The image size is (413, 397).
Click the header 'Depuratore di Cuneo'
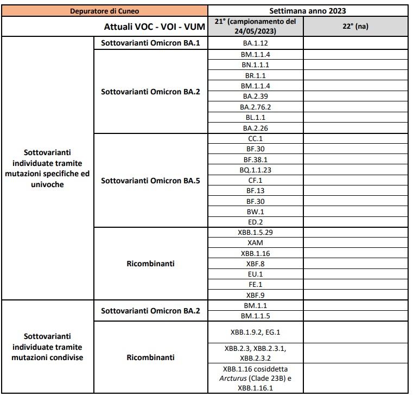105,10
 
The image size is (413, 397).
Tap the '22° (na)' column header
355,26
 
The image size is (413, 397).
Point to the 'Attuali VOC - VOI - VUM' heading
156,27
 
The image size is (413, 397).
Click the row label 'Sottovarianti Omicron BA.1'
150,42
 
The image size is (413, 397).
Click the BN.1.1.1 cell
255,65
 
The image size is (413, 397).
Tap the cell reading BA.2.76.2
255,107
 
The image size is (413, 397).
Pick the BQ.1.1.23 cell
255,170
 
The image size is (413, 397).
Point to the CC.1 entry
255,138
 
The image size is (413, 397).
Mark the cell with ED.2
255,222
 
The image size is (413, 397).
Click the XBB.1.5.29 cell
255,232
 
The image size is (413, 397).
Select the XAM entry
255,243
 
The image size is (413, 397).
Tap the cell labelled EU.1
255,274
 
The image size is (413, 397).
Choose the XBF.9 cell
255,295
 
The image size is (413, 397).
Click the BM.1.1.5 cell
255,316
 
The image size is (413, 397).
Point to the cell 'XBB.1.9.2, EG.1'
255,332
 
